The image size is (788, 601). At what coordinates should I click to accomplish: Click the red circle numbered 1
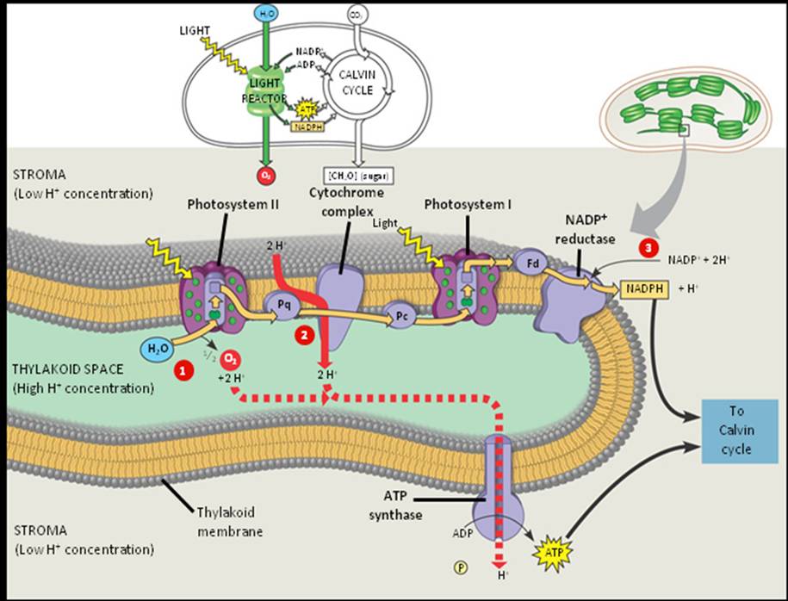tap(182, 371)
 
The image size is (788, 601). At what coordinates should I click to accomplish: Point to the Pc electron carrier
tap(400, 315)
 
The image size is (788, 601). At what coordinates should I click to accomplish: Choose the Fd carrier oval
tap(527, 261)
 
